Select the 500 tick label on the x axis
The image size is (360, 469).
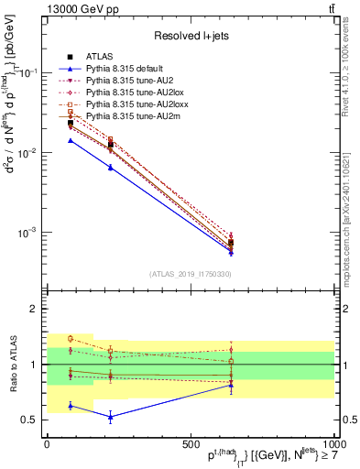(191, 444)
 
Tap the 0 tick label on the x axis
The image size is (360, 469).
(48, 444)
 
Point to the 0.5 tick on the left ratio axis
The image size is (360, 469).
(30, 420)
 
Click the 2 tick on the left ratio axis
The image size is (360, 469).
(36, 310)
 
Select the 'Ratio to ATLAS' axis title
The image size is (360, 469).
(13, 365)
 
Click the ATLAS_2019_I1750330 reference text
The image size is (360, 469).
(191, 273)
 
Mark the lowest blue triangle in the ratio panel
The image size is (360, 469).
(111, 417)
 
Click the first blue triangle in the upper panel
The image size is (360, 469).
(71, 140)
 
